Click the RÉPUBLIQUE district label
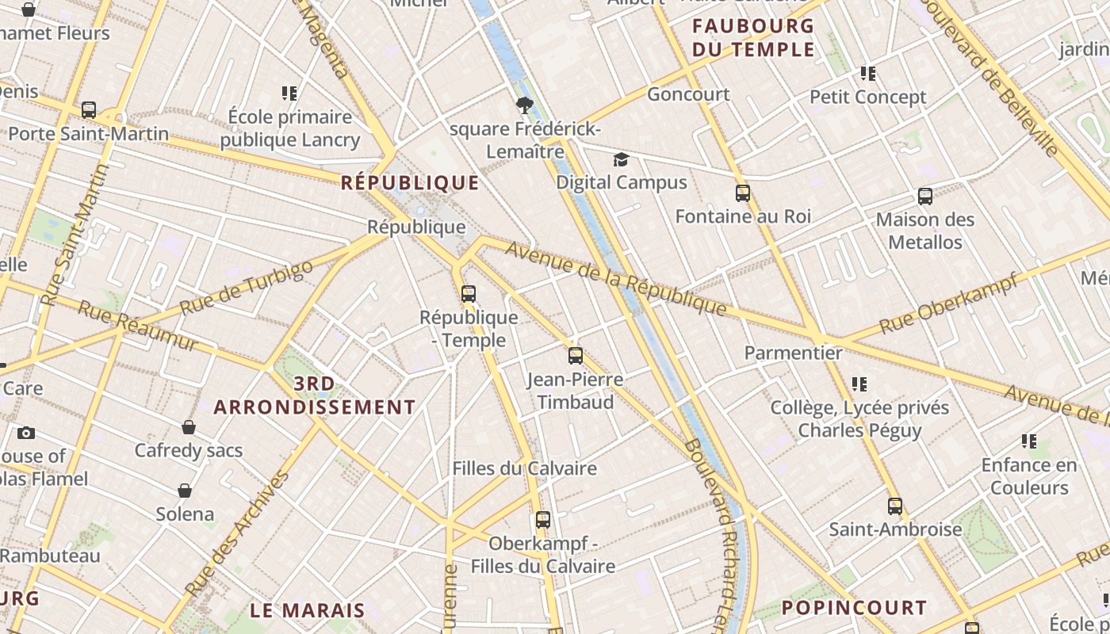[x=410, y=183]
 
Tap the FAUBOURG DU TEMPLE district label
[x=753, y=37]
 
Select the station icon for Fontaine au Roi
[x=743, y=193]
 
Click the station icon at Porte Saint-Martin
[x=89, y=110]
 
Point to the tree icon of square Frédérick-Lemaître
[x=524, y=105]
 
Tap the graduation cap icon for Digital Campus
[x=621, y=160]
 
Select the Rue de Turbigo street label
[x=246, y=288]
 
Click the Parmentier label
[x=793, y=353]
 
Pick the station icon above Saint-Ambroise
[x=895, y=506]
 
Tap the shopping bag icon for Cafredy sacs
[x=189, y=427]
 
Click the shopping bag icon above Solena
[x=185, y=491]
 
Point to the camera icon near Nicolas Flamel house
[x=26, y=433]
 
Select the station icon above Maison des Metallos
[x=924, y=197]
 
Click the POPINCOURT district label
[x=854, y=608]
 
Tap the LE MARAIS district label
[x=308, y=610]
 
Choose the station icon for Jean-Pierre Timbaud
[x=576, y=356]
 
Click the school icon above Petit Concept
[x=868, y=74]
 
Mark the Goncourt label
[x=688, y=94]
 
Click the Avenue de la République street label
[x=615, y=277]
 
